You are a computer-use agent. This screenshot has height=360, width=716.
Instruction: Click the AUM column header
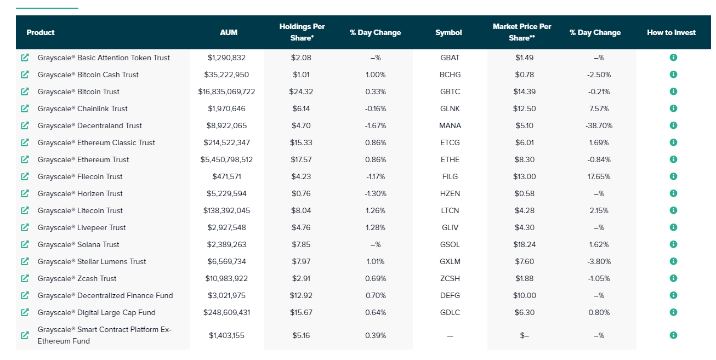[229, 32]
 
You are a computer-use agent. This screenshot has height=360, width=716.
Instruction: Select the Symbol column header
[448, 32]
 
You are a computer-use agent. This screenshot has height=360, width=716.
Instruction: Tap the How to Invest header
[671, 32]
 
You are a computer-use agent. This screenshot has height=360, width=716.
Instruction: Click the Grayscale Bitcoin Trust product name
[78, 92]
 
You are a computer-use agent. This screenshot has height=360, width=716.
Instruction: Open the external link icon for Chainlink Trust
[25, 108]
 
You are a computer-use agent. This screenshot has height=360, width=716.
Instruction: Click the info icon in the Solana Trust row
[673, 244]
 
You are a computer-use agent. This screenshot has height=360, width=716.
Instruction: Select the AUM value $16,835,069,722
[226, 92]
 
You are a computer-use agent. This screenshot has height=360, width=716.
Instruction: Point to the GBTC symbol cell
[450, 92]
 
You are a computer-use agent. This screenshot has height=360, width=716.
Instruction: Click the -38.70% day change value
[599, 125]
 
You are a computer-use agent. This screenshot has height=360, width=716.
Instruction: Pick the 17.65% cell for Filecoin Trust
[599, 176]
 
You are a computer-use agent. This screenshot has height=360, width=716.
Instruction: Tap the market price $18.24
[524, 245]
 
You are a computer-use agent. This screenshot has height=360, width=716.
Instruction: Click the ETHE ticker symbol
[450, 159]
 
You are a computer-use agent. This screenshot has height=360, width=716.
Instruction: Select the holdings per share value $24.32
[301, 92]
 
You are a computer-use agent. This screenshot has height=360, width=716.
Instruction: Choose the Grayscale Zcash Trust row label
[77, 278]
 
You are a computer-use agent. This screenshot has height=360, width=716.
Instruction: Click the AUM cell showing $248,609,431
[226, 313]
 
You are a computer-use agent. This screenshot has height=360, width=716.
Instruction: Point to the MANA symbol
[450, 125]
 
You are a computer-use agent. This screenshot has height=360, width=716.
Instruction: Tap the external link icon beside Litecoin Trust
[25, 210]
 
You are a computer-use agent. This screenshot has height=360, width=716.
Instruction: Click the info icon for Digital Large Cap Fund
[673, 312]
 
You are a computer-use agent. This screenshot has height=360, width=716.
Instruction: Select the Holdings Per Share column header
[302, 32]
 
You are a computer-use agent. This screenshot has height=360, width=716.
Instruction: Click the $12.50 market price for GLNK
[524, 108]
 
